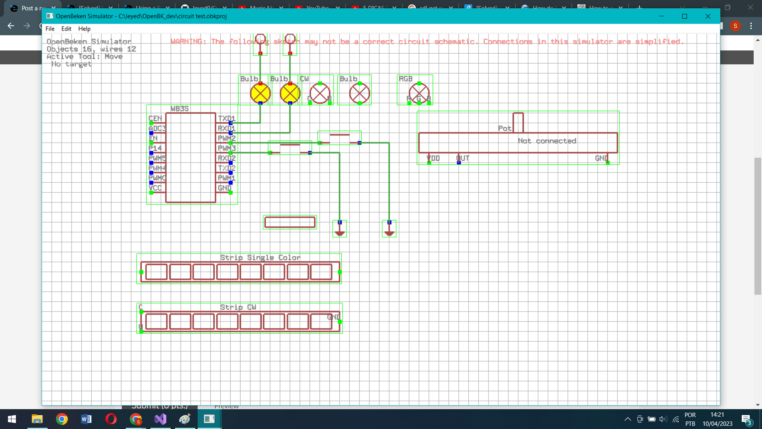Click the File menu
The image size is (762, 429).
point(50,29)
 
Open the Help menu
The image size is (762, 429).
point(84,29)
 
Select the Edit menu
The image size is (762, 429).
point(66,29)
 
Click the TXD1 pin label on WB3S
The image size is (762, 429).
point(227,118)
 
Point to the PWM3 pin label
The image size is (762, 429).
point(227,148)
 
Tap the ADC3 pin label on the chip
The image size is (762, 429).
point(157,128)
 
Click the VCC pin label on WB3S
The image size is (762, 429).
point(155,188)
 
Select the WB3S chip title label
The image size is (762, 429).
point(179,108)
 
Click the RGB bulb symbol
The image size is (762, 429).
point(419,93)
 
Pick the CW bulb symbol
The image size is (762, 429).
point(320,93)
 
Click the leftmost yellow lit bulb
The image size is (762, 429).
point(260,93)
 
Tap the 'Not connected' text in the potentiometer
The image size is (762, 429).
point(547,141)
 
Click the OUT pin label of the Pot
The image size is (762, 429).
point(463,158)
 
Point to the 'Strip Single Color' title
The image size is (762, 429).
point(260,257)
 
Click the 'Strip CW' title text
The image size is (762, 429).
point(238,307)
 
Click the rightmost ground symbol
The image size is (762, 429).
point(389,230)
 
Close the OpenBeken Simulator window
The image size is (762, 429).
point(708,16)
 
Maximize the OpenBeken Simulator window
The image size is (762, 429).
point(685,16)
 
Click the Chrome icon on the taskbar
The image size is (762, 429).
point(62,419)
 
